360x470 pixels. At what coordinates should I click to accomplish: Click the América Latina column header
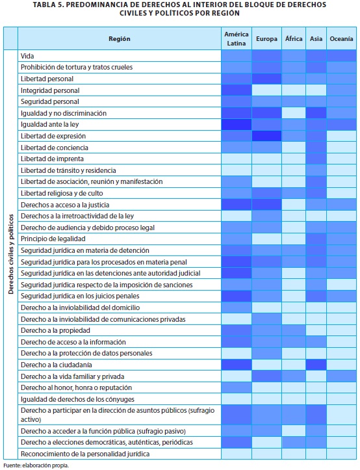(x=236, y=38)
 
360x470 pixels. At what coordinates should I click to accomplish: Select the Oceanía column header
(x=341, y=38)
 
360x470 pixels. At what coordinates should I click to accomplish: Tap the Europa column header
(x=266, y=39)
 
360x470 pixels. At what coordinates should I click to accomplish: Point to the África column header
(x=294, y=38)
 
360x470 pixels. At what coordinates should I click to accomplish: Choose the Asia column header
(x=316, y=38)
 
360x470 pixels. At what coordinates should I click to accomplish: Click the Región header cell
(x=120, y=38)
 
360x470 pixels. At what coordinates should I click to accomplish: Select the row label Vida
(x=27, y=56)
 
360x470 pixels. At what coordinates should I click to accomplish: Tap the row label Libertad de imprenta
(x=52, y=159)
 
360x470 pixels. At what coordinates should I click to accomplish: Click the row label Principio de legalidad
(x=53, y=239)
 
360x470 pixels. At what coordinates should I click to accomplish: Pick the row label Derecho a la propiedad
(x=55, y=330)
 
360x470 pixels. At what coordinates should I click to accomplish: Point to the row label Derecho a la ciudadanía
(x=57, y=365)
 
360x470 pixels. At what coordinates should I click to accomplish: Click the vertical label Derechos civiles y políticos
(x=11, y=254)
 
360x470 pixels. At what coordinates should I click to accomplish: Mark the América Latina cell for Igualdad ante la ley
(x=236, y=124)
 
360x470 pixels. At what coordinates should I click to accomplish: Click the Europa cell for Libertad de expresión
(x=266, y=136)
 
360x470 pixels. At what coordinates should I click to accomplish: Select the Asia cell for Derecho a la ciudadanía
(x=316, y=365)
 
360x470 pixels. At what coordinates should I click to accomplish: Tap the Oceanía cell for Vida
(x=341, y=56)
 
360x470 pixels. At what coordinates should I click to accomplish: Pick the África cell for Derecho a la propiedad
(x=294, y=330)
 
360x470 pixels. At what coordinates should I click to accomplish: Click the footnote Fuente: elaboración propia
(x=36, y=465)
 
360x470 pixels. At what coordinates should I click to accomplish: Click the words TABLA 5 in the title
(x=46, y=5)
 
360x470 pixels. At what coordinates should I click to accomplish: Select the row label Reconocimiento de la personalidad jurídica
(x=85, y=454)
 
